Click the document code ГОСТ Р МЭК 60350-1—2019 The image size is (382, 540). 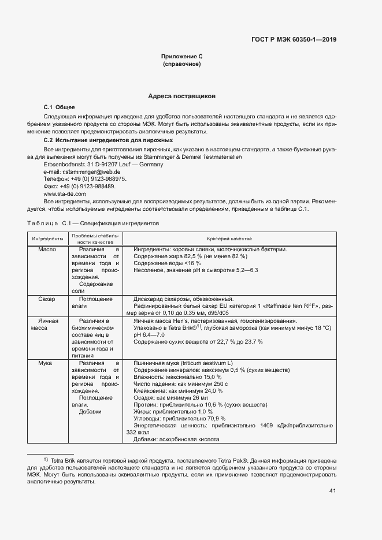pos(294,40)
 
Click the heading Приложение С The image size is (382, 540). pos(182,57)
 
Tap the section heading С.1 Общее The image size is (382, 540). pos(60,107)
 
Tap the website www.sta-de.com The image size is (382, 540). pos(65,194)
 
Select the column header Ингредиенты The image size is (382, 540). pos(47,239)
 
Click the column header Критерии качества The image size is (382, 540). pos(229,239)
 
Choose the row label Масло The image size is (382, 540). pos(47,249)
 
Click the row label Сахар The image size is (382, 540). pos(47,299)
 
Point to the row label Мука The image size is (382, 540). pos(45,363)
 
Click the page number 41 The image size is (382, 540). pos(332,491)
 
